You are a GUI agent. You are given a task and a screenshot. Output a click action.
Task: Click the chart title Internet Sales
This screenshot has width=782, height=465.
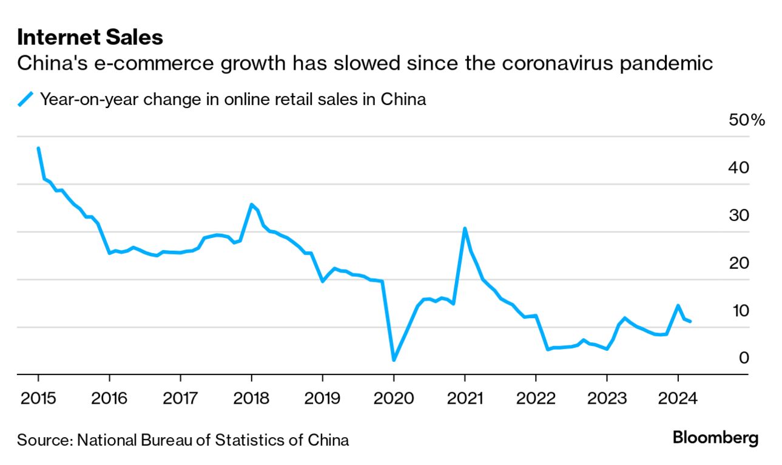click(90, 38)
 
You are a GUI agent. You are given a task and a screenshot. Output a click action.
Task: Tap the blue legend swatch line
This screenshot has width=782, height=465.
click(25, 99)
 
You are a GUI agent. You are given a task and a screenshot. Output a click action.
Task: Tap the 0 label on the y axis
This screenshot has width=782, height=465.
click(744, 358)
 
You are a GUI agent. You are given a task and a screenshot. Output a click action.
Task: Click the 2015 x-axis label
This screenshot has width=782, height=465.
click(38, 398)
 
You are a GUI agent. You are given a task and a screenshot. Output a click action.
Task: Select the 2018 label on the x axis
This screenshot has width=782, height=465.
click(251, 398)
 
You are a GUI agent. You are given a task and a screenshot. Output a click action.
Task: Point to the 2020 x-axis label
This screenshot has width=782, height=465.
click(393, 398)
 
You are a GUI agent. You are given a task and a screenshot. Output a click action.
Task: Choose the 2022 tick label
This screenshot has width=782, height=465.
click(536, 398)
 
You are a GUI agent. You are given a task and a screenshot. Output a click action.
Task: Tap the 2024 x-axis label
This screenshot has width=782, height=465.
click(678, 398)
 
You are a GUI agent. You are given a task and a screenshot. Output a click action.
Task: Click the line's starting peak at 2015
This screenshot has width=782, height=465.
click(38, 148)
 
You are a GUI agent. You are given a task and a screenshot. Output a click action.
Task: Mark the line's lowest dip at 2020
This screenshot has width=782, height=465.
click(394, 360)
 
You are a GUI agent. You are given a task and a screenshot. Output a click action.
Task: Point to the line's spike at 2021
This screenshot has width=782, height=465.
click(465, 228)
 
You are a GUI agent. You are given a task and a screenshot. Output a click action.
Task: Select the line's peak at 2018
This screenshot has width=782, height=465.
click(251, 205)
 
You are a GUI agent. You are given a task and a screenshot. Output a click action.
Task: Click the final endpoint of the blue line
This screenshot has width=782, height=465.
click(690, 321)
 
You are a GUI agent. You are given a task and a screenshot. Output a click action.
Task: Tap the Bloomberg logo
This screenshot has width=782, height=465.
click(716, 437)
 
